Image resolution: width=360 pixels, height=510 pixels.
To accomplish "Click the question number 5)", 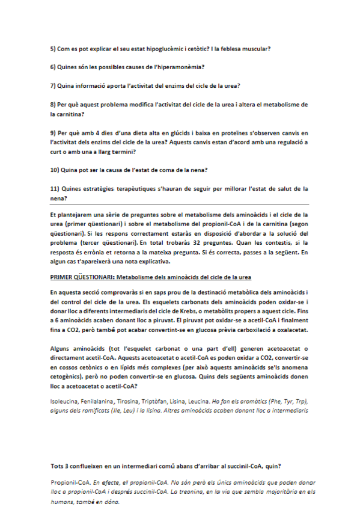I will [53, 48].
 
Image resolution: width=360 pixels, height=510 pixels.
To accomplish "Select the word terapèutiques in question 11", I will [127, 189].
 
